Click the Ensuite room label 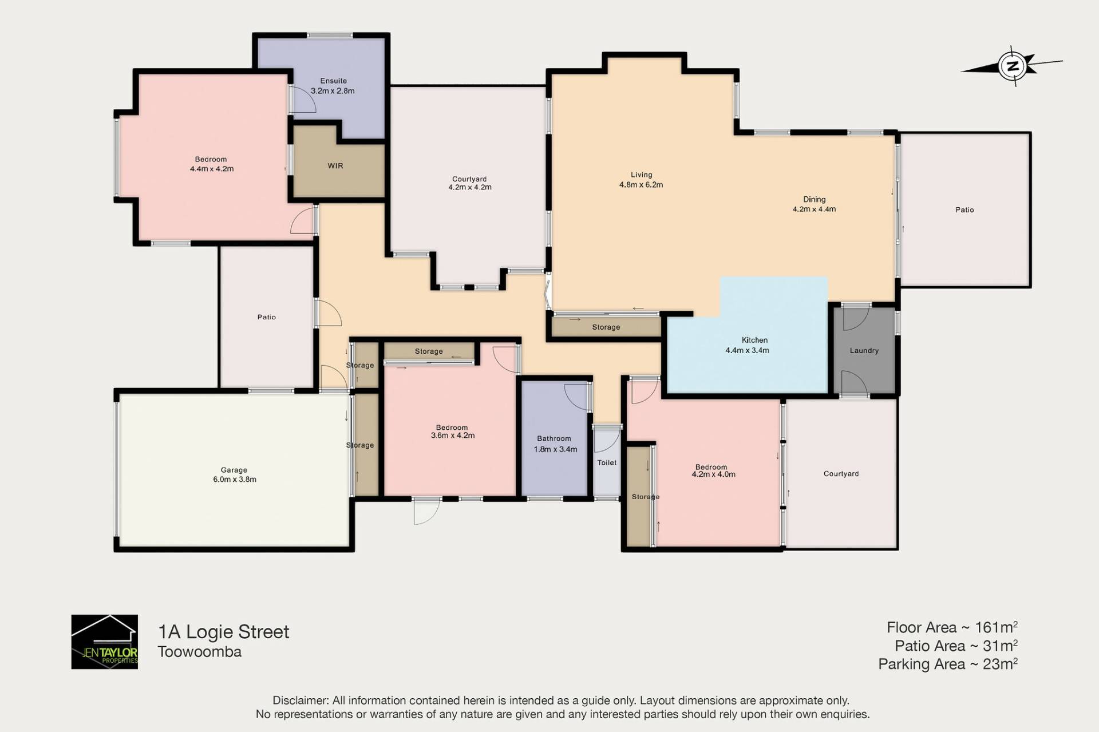(x=333, y=81)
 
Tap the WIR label (x=335, y=166)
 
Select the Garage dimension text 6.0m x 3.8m (x=235, y=480)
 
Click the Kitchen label (x=754, y=340)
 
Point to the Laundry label (x=864, y=350)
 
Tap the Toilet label (x=607, y=462)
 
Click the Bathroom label (x=554, y=439)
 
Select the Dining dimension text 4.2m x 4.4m (x=814, y=209)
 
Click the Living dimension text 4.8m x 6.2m (x=641, y=185)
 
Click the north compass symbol (x=1012, y=66)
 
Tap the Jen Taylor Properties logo (x=104, y=642)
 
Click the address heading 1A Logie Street (x=223, y=632)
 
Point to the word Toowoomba (x=199, y=652)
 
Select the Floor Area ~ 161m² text (x=952, y=627)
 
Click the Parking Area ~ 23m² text (x=948, y=664)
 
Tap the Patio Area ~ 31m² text (x=956, y=646)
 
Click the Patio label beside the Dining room (x=964, y=210)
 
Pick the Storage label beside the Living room (x=606, y=327)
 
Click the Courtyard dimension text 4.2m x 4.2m (x=469, y=187)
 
